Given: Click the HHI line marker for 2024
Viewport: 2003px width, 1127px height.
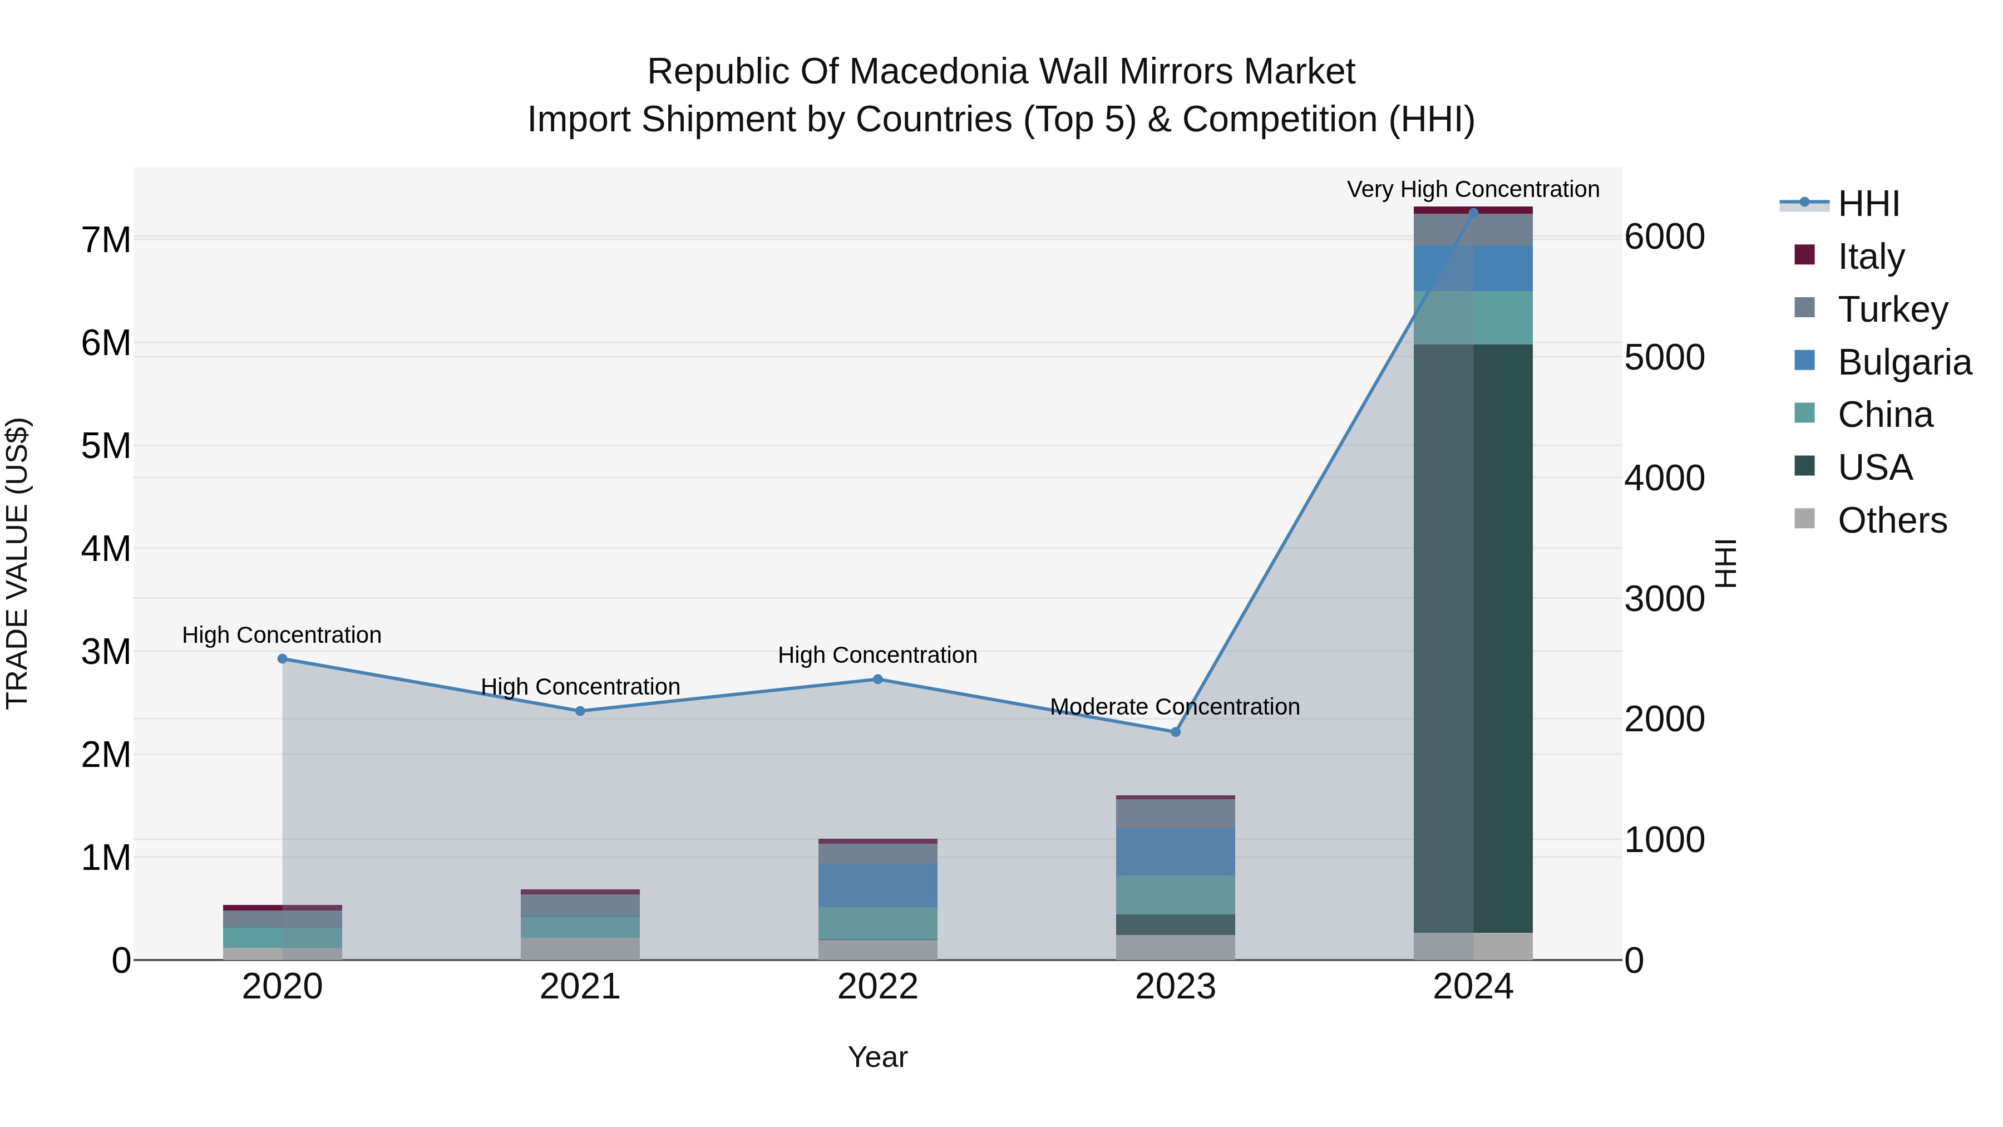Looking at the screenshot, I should click(x=1473, y=213).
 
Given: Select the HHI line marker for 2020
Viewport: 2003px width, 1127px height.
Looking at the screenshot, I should click(x=282, y=659).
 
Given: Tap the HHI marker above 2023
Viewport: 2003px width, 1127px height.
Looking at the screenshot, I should click(x=1176, y=732).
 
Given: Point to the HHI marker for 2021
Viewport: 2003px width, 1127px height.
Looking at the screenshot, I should click(x=580, y=711).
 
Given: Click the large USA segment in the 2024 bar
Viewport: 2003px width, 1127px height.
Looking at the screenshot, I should click(x=1473, y=638).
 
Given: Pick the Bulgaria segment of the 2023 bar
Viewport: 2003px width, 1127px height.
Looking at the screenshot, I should click(x=1176, y=852).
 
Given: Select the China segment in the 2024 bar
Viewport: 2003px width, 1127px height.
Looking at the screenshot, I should click(x=1473, y=317).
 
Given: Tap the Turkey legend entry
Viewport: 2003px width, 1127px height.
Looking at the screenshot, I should click(x=1893, y=309).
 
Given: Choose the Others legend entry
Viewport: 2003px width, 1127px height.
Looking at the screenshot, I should click(x=1892, y=520).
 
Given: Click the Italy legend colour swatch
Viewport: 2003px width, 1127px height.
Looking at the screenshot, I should click(x=1804, y=255).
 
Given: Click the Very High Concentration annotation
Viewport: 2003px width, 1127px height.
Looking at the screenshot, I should click(x=1473, y=189).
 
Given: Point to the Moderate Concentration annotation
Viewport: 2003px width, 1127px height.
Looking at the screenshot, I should click(x=1175, y=706).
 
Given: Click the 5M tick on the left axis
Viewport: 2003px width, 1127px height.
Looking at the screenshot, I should click(x=106, y=446).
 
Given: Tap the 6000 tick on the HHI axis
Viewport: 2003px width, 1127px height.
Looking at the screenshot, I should click(x=1664, y=237).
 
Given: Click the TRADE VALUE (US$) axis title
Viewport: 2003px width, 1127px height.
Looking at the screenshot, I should click(x=18, y=563).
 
